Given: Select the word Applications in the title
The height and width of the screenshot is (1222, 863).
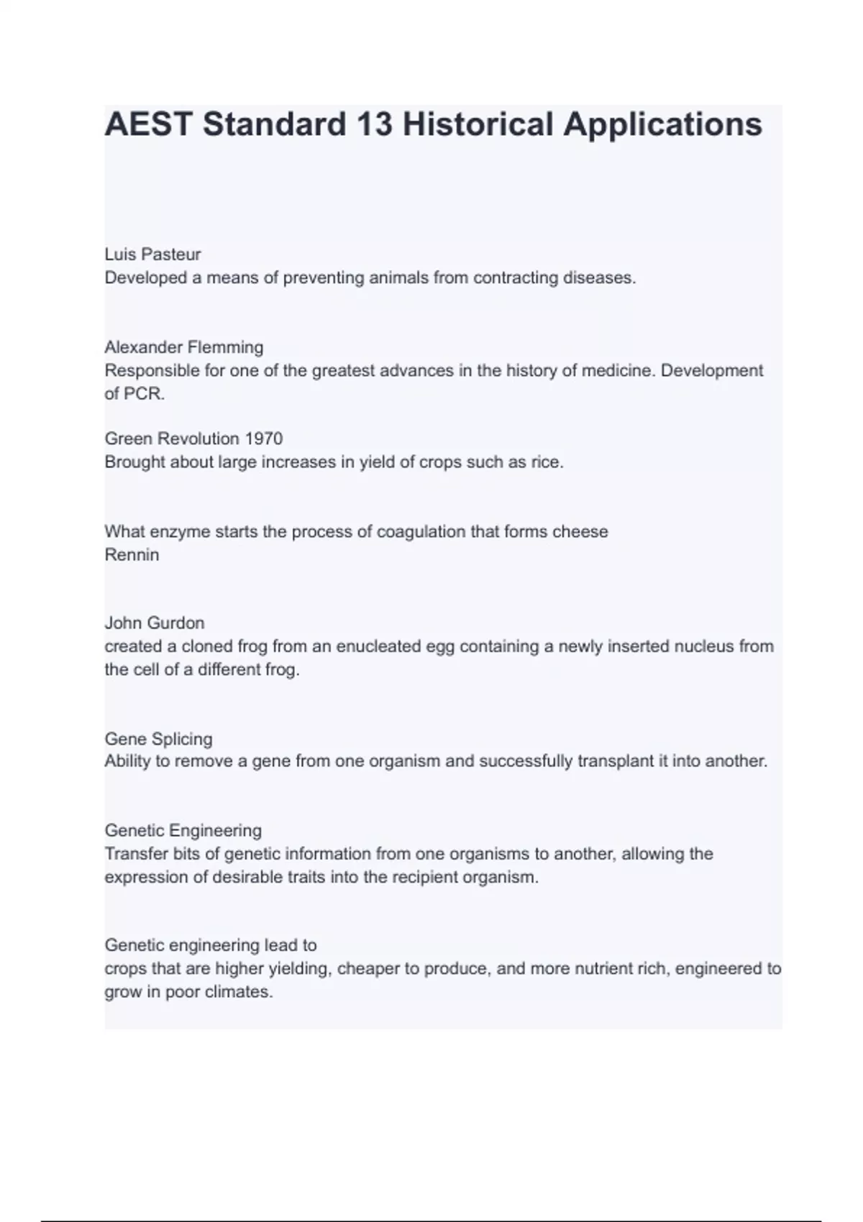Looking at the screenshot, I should point(662,124).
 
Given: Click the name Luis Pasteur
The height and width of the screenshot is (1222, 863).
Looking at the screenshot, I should point(152,254).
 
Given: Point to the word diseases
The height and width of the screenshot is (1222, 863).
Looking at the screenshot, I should point(599,277).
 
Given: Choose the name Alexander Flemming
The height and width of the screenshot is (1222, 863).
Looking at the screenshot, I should point(184,347).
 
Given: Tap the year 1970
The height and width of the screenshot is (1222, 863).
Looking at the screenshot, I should point(263,438).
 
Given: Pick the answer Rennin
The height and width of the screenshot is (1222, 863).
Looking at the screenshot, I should point(132,555).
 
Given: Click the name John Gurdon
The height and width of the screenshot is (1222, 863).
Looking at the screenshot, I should point(155,623).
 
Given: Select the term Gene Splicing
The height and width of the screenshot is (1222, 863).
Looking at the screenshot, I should point(158,739).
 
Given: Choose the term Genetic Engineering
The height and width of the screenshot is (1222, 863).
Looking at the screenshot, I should point(183,831).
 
